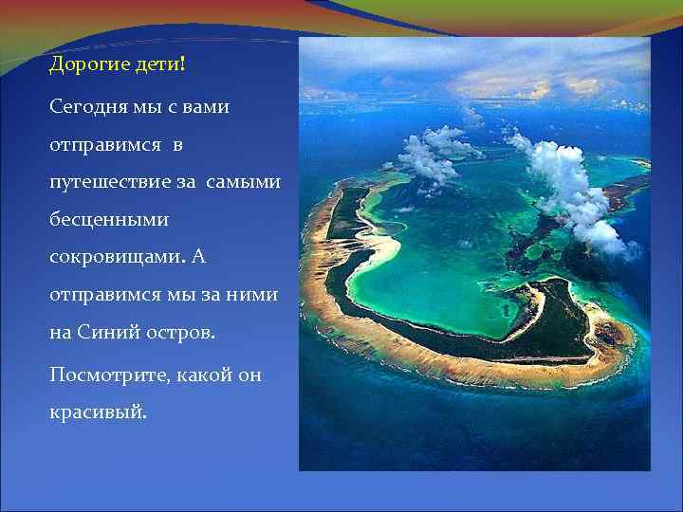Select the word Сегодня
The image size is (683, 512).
click(x=85, y=106)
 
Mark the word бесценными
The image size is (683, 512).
click(x=108, y=219)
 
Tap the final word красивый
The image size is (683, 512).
click(x=98, y=414)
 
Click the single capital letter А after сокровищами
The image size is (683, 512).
click(x=198, y=257)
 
